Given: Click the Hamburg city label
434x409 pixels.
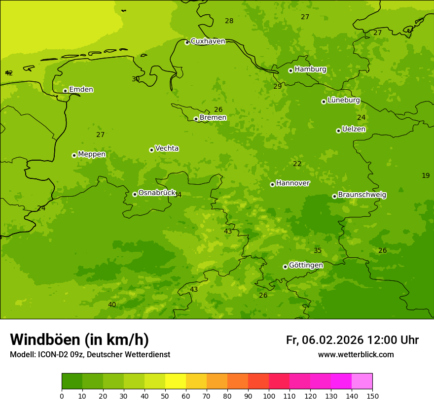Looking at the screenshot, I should tap(310, 69).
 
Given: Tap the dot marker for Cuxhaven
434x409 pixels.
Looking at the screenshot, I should tap(187, 42).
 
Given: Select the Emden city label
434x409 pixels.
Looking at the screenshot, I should tap(81, 90).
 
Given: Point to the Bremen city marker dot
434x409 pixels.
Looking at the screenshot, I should tap(196, 119).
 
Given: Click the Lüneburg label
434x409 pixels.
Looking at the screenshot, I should tap(343, 100).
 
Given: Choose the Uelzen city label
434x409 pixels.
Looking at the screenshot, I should tap(354, 129).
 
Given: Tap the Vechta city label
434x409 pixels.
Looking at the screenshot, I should tap(167, 148).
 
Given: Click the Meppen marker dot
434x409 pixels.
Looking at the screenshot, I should tap(74, 155).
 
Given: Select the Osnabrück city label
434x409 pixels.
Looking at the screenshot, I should tap(157, 193).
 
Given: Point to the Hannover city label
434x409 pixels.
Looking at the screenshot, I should tap(292, 183).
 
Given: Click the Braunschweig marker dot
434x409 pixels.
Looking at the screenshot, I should tap(334, 196).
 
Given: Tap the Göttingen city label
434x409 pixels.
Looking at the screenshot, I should tap(306, 265).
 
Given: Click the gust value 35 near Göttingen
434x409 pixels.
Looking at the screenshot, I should tap(318, 251).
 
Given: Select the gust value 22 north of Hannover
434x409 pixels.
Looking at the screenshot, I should tap(297, 164).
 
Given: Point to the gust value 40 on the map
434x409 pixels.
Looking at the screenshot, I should tap(112, 305).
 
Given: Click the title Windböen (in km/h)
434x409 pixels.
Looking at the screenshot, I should tap(79, 340).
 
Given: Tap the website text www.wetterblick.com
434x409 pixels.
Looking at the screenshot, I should tap(356, 355).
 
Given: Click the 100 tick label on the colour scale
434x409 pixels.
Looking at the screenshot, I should tap(269, 396).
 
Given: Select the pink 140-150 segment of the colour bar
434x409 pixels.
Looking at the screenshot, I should tap(362, 381).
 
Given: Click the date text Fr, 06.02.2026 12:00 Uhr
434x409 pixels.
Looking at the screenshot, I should tap(352, 340).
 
